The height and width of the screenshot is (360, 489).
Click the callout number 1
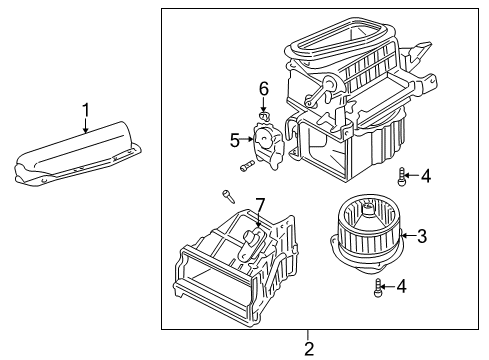[x=86, y=110]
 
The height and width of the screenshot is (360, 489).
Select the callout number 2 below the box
[x=309, y=348]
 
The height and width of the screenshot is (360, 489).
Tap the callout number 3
[x=422, y=236]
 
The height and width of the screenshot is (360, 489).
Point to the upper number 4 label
[x=425, y=177]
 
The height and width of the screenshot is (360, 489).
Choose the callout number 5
[x=235, y=139]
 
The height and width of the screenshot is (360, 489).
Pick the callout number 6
[x=264, y=88]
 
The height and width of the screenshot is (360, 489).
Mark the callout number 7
[x=259, y=207]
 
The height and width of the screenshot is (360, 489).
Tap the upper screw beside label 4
[x=401, y=178]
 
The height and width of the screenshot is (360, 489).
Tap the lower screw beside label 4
[x=378, y=290]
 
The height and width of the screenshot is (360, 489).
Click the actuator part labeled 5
[x=268, y=141]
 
